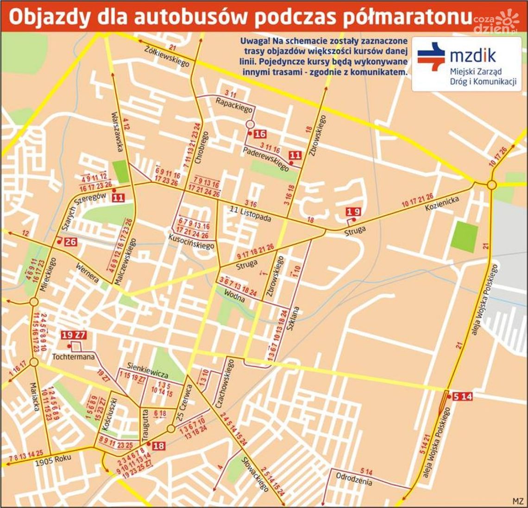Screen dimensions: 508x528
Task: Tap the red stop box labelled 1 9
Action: point(353,212)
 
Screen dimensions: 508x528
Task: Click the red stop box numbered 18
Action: point(158,446)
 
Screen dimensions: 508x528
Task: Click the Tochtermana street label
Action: point(74,357)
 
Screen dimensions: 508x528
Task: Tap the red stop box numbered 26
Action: point(71,241)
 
